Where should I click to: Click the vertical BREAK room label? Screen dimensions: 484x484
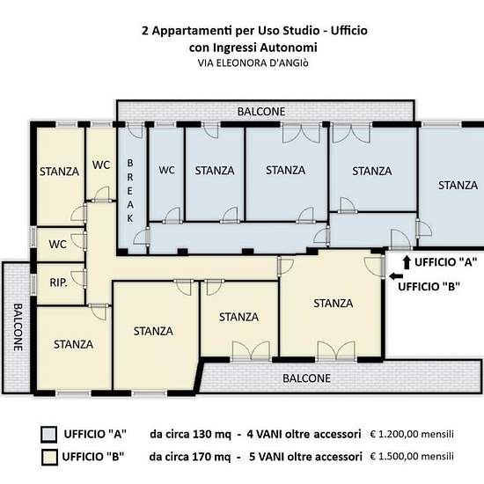130,191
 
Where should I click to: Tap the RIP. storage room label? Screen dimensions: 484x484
58,282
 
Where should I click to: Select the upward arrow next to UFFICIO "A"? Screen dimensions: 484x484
407,263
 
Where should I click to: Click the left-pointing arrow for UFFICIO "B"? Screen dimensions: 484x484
396,276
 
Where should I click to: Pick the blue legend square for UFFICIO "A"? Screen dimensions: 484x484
48,435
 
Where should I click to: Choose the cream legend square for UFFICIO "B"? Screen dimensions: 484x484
49,457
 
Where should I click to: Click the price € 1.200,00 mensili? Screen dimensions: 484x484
412,434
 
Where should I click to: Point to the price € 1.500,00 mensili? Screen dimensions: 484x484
412,456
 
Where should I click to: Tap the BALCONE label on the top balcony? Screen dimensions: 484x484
261,112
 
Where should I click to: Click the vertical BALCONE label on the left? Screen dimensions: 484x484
18,327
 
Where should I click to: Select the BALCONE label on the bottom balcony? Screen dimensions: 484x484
306,378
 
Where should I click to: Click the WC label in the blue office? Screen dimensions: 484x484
166,170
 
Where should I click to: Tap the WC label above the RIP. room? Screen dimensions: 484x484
58,245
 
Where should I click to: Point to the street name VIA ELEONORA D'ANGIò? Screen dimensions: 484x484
253,63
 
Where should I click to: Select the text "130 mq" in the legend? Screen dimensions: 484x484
212,435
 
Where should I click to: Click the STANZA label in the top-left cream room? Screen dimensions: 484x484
59,172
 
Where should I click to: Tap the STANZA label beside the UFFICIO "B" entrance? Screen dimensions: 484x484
334,304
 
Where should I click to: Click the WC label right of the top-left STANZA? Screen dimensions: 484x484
101,165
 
